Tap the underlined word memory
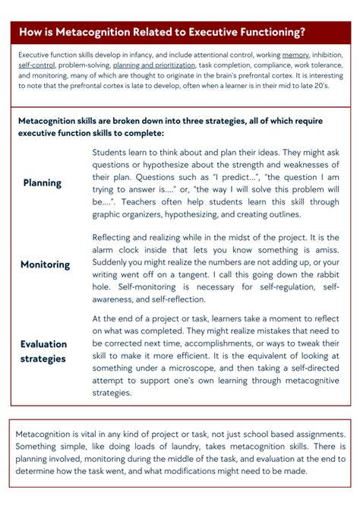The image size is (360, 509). coord(295,55)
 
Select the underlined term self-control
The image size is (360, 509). coord(31,65)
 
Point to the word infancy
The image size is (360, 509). coord(147,55)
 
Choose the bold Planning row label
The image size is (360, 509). coord(43,183)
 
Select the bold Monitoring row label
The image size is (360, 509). coord(45,264)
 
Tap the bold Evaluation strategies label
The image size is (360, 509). coord(43,351)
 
